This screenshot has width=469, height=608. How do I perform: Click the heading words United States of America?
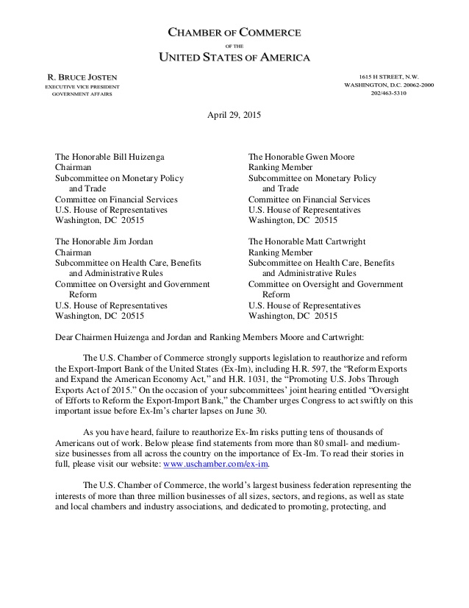(234, 57)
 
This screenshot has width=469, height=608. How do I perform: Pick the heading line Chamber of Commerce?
(234, 32)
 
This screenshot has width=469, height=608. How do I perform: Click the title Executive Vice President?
(82, 86)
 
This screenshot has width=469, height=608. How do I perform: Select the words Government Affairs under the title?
(82, 94)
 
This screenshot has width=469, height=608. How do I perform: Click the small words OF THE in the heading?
(234, 45)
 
